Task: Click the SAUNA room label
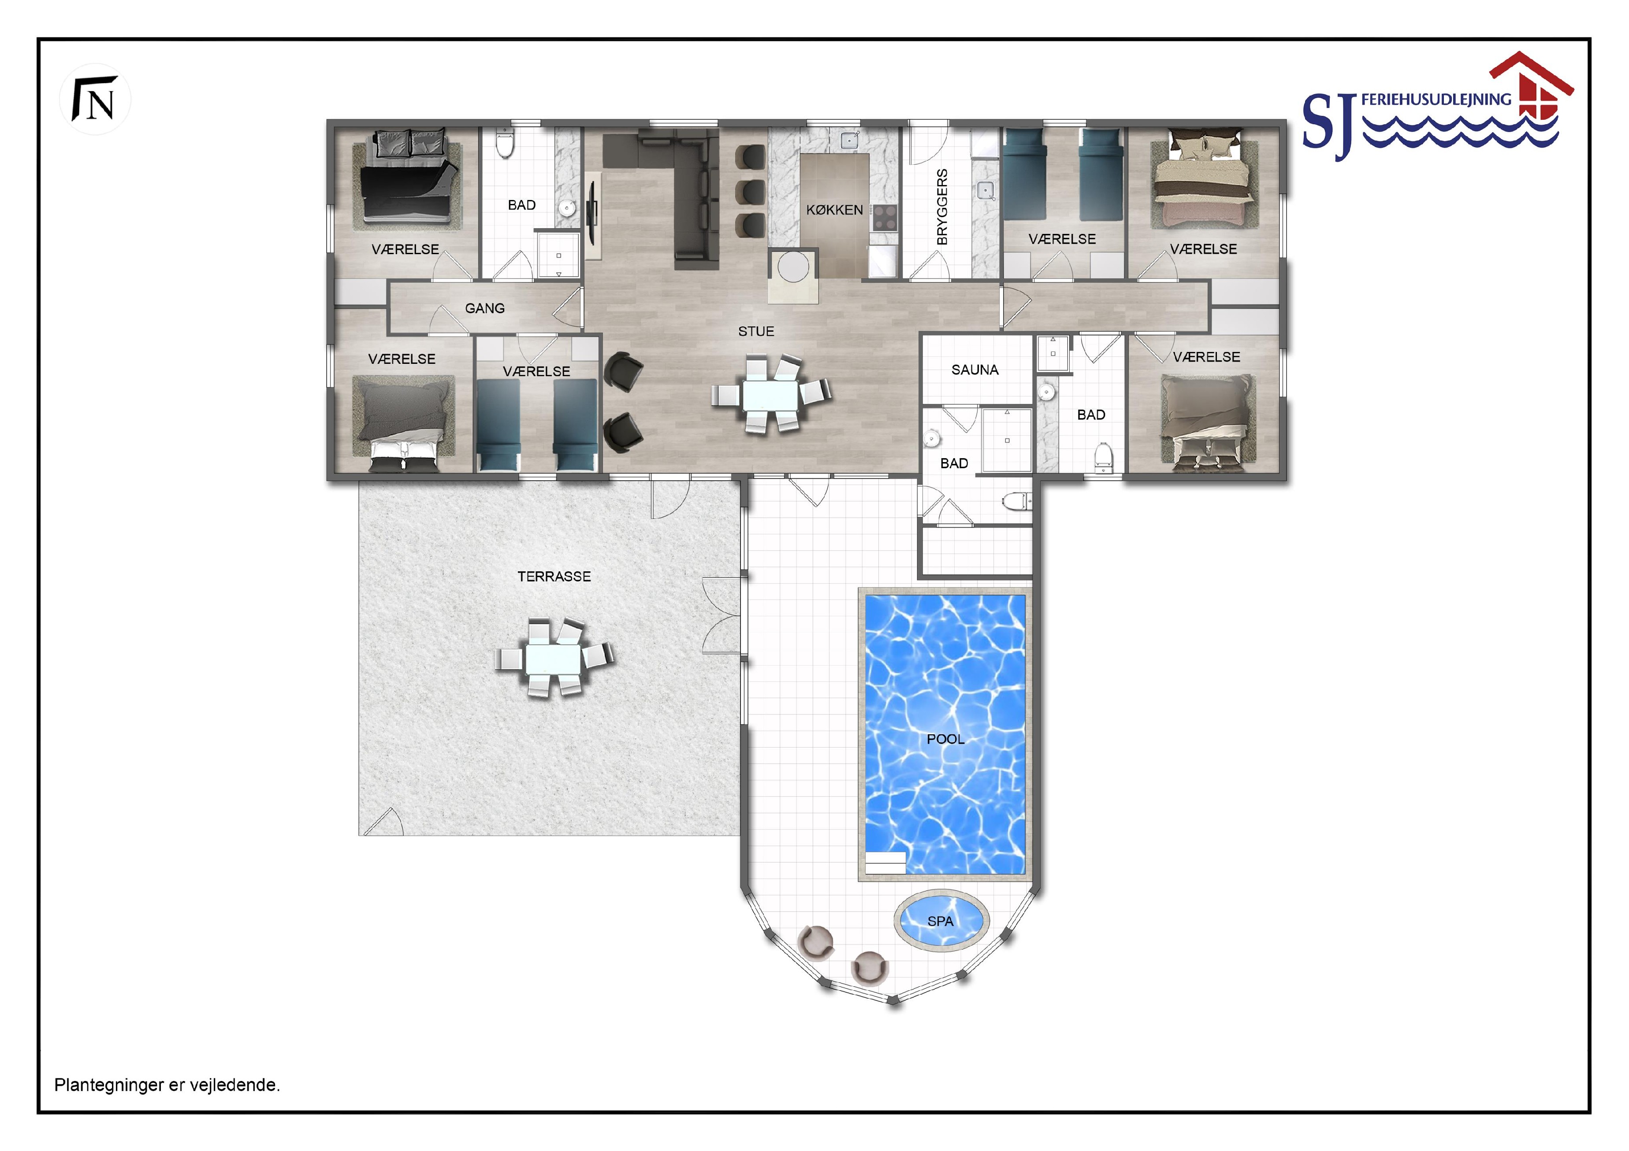(x=975, y=370)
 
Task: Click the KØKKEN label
(x=834, y=210)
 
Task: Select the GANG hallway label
(x=484, y=308)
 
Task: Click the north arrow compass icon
(x=95, y=99)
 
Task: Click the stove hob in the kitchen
(x=885, y=218)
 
